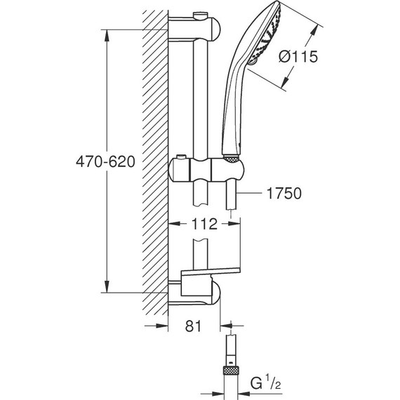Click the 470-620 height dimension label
click(x=105, y=161)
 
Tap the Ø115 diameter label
click(x=298, y=56)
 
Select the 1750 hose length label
click(x=284, y=193)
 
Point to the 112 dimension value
click(x=204, y=224)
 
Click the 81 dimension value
click(x=193, y=326)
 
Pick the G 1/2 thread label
click(x=265, y=382)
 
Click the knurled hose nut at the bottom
click(x=231, y=370)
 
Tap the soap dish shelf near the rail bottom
click(x=211, y=272)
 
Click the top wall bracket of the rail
click(x=194, y=28)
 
